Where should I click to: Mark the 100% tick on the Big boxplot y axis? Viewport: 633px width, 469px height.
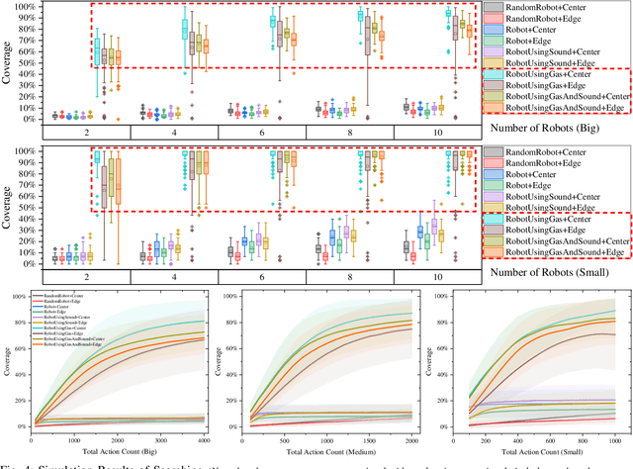pos(29,6)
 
